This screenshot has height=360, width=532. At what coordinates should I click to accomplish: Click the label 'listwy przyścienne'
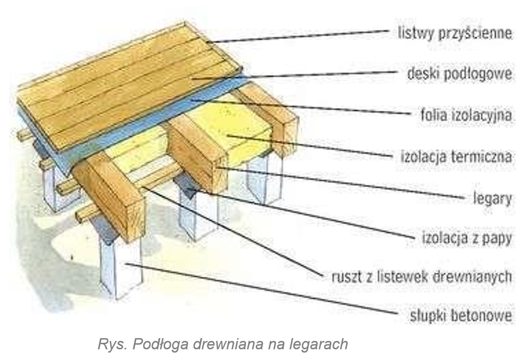point(455,33)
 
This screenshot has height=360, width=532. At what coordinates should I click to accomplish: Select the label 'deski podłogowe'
point(460,74)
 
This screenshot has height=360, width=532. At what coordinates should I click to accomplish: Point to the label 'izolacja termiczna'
point(456,157)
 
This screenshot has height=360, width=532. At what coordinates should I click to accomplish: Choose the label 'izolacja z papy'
point(467,239)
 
